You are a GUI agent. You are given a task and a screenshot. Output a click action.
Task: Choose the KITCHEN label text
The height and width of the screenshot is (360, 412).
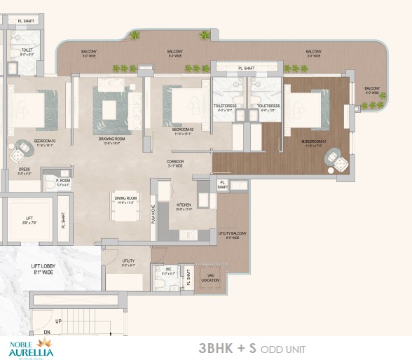pos(183,205)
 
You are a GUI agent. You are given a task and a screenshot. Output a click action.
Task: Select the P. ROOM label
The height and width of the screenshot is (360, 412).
pos(50,181)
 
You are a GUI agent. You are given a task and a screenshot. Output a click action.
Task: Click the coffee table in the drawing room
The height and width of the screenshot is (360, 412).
pos(111,110)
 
